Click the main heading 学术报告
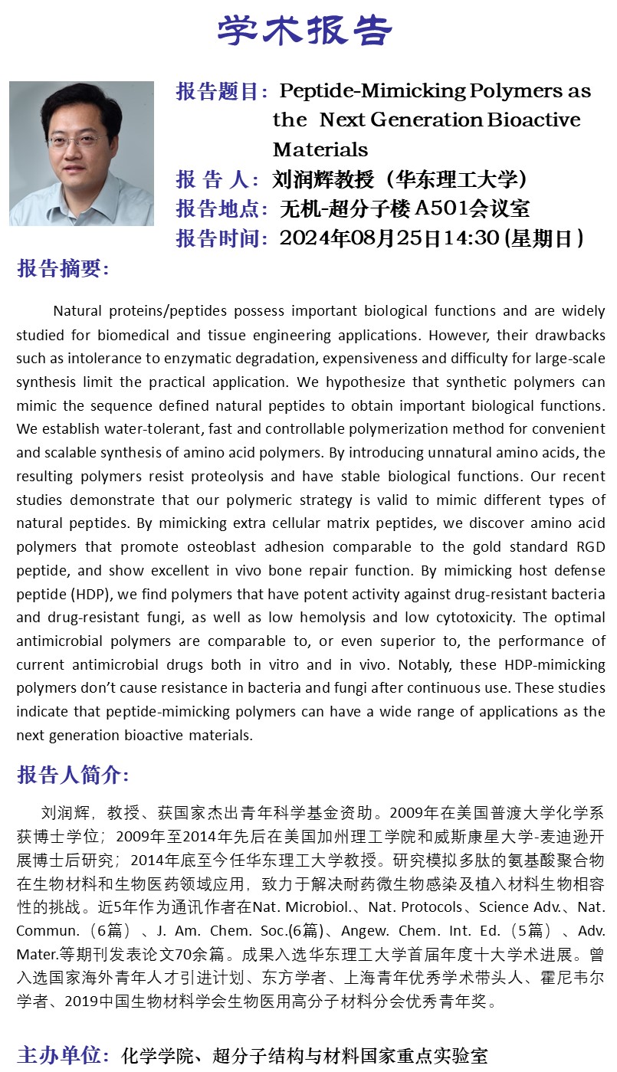[304, 31]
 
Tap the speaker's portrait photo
[81, 153]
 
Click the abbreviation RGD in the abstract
[589, 547]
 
